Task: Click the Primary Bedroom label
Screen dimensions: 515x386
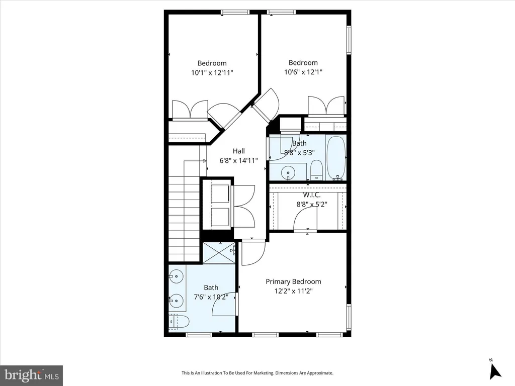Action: pos(293,281)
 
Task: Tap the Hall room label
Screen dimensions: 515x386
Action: pos(239,151)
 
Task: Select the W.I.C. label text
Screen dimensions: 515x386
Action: pos(312,196)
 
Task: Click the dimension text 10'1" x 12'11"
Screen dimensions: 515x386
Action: pos(212,72)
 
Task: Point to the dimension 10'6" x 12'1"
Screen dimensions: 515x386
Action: pos(303,72)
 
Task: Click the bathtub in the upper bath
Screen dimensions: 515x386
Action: pos(336,158)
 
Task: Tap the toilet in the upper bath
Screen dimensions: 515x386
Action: pos(317,170)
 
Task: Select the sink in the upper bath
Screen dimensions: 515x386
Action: pos(288,172)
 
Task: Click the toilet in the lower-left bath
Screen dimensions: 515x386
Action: pos(179,322)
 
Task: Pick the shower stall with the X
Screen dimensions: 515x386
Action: pos(219,253)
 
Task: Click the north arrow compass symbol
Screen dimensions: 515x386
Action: pos(495,371)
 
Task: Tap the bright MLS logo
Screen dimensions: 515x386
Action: pos(32,375)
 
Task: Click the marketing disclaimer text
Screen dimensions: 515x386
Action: pos(257,373)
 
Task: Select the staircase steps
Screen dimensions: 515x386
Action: pos(184,218)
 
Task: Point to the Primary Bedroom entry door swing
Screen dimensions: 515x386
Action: pos(253,253)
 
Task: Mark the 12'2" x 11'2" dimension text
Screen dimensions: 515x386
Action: pos(293,291)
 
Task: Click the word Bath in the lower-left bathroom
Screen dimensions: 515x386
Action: pos(211,288)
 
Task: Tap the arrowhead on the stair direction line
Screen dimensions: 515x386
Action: pos(204,161)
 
